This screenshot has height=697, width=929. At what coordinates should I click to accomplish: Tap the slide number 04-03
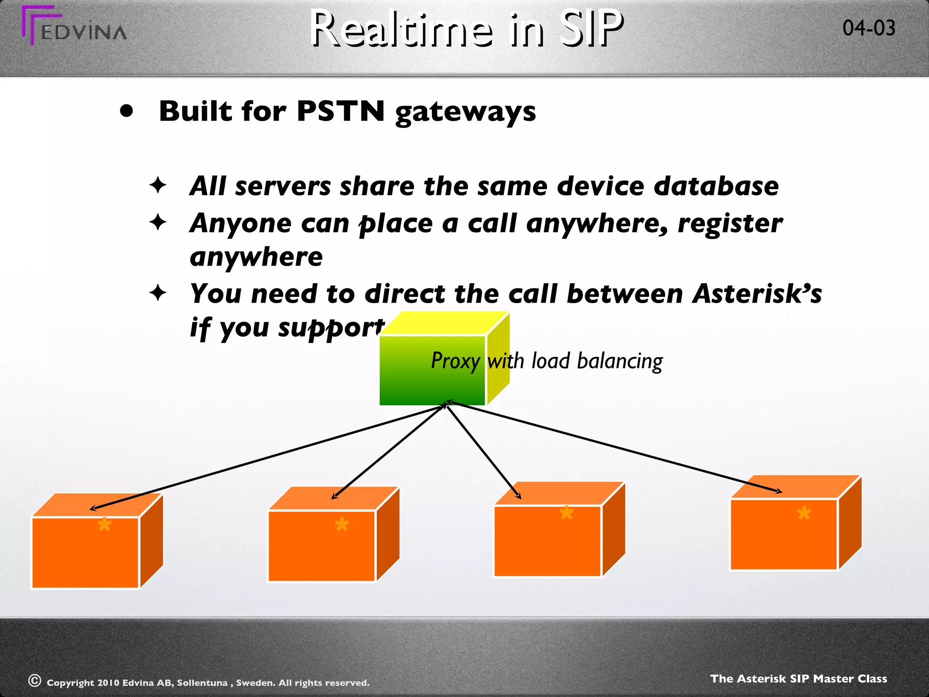point(869,28)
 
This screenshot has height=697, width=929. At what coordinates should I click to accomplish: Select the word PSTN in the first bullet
point(340,111)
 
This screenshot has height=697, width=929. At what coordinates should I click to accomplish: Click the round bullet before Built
point(127,111)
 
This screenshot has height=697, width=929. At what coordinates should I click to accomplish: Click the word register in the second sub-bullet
point(730,224)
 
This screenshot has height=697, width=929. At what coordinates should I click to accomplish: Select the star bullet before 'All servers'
point(158,186)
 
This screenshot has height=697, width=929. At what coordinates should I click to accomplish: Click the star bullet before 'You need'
point(158,293)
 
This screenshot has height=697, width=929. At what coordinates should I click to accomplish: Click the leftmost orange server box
point(85,551)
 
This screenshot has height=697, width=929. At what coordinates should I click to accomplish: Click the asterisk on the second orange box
point(342,525)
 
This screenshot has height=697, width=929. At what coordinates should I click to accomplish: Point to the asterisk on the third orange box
point(566,513)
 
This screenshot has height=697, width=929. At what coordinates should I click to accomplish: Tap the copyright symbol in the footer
point(34,681)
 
